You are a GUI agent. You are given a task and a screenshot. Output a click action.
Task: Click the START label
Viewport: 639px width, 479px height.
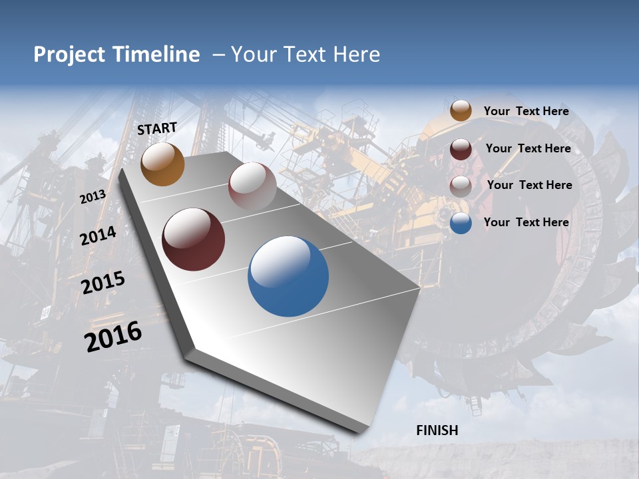(x=157, y=128)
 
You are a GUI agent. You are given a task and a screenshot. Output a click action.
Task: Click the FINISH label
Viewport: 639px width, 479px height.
(x=437, y=430)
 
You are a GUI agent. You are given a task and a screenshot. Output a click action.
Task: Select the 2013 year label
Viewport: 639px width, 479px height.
(x=93, y=197)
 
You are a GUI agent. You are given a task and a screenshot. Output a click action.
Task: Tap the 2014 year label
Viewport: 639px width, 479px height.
(x=99, y=236)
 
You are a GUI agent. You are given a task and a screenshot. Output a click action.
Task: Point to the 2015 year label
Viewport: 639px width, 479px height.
(x=103, y=282)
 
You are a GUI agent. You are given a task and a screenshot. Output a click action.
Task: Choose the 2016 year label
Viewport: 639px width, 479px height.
(x=113, y=337)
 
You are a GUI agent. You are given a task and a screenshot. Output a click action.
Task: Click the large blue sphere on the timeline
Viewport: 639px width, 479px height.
(x=288, y=276)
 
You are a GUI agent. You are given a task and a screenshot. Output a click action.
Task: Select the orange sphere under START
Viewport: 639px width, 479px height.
(x=162, y=164)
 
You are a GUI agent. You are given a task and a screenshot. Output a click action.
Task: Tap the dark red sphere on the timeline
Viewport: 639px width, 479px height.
(x=193, y=239)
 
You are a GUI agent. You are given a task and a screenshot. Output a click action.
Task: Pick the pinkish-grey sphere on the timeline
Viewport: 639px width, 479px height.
(x=252, y=186)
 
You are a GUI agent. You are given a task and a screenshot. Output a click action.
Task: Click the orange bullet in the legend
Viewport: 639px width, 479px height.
(x=461, y=111)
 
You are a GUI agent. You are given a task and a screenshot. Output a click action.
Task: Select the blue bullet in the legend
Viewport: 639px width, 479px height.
(x=461, y=223)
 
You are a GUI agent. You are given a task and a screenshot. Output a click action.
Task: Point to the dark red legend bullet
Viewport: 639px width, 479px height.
(x=461, y=149)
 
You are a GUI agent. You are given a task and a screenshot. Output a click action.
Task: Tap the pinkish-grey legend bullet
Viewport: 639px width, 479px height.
(x=461, y=186)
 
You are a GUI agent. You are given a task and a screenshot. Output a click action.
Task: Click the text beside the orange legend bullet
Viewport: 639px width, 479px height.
(x=526, y=111)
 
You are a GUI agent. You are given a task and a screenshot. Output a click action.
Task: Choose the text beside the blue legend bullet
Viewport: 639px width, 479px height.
(x=526, y=222)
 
